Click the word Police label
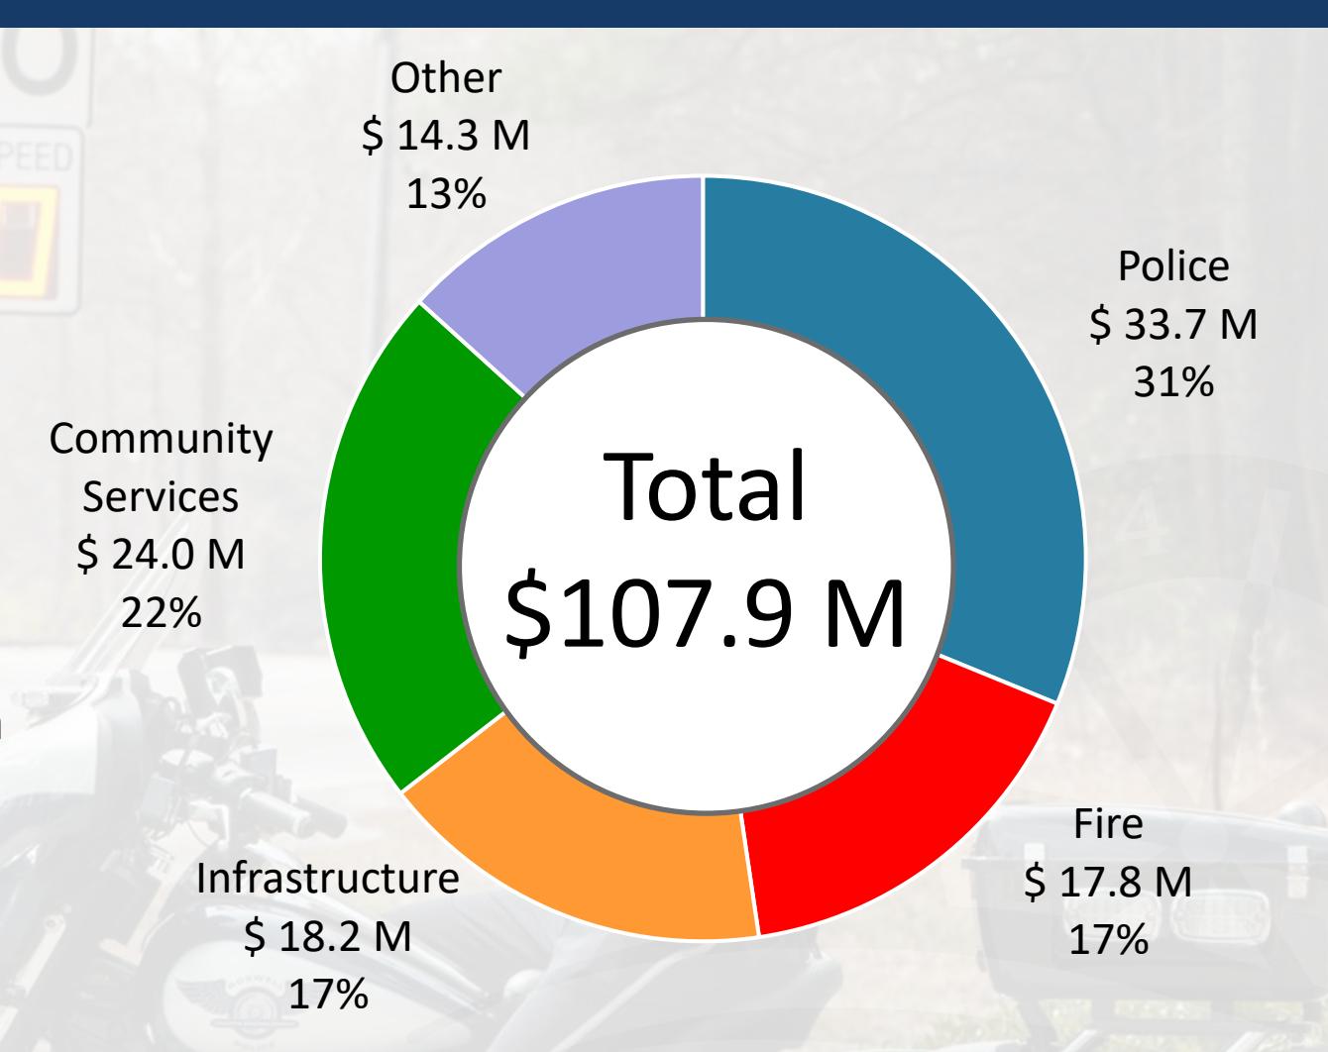[1173, 266]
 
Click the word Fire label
[1108, 824]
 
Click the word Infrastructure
[328, 879]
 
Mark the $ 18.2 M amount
[328, 936]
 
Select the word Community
[161, 439]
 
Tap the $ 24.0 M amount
[161, 555]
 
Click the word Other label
[446, 78]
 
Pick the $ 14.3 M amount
[446, 136]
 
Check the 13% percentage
[446, 193]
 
